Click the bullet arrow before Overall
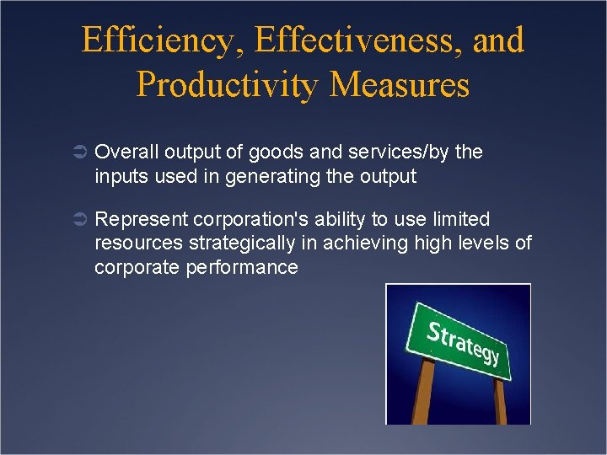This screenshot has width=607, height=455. click(x=78, y=153)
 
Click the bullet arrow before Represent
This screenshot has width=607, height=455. click(x=78, y=220)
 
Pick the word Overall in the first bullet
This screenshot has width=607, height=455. click(x=127, y=153)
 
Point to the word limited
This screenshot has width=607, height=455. click(x=459, y=220)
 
